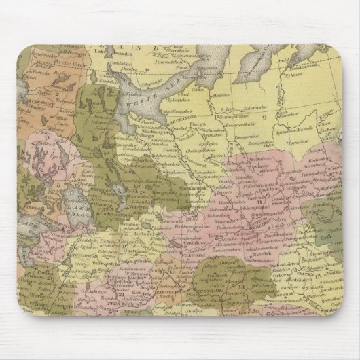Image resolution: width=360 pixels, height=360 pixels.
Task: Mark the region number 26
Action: [x=50, y=278]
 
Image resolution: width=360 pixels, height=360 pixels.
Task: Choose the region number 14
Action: [x=242, y=286]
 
